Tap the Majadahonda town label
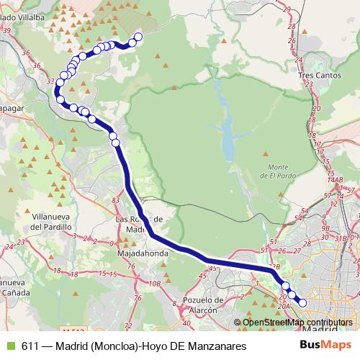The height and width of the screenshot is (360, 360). click(143, 253)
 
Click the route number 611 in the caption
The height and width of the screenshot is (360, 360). click(30, 346)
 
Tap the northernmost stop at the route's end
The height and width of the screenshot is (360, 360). click(138, 37)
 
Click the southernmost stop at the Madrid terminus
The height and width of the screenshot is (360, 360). click(302, 303)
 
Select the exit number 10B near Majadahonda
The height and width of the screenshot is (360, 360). click(153, 283)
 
